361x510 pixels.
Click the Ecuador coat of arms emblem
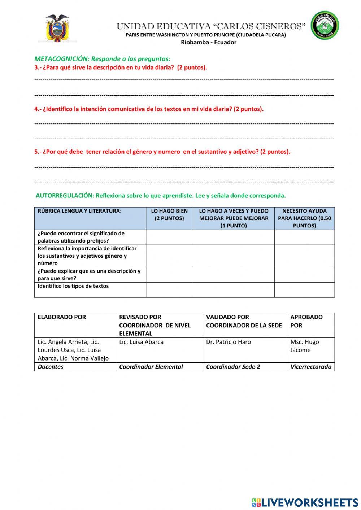[x=57, y=29]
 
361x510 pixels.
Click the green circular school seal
[x=325, y=25]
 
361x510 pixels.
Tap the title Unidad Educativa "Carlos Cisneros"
[x=211, y=26]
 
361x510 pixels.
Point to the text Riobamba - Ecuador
[x=208, y=42]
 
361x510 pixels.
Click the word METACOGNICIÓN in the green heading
[x=61, y=59]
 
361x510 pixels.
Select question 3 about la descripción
[x=121, y=67]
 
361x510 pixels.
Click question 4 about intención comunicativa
[x=149, y=109]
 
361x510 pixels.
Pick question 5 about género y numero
[x=162, y=152]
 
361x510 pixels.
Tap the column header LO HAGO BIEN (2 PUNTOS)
[x=169, y=214]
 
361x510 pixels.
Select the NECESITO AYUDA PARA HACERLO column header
[x=304, y=218]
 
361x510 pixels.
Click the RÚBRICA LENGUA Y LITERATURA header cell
[x=79, y=211]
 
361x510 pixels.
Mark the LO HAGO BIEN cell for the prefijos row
[x=169, y=237]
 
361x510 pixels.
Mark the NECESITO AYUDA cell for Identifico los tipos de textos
[x=304, y=289]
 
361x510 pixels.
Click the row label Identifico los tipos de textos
[x=73, y=286]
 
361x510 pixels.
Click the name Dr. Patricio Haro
[x=228, y=342]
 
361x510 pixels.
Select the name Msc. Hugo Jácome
[x=304, y=346]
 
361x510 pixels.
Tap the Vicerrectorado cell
[x=310, y=367]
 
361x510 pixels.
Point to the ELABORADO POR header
[x=62, y=317]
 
